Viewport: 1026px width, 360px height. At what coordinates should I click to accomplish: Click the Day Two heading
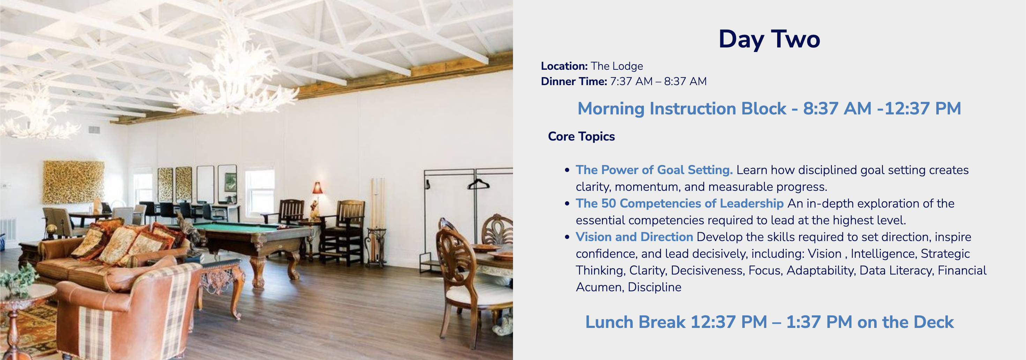(769, 39)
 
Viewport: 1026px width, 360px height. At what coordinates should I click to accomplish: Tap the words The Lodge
(617, 66)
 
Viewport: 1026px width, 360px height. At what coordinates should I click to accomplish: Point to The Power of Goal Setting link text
(654, 170)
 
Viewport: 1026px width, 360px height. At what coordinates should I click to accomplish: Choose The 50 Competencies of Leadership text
(679, 203)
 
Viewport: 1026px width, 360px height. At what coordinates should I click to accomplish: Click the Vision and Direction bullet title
(634, 237)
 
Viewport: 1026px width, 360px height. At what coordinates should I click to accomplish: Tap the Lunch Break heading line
(769, 322)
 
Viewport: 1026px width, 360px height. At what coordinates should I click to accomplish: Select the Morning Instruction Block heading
(769, 108)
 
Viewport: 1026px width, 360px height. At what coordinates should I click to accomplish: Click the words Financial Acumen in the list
(781, 279)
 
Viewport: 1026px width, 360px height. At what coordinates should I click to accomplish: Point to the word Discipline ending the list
(654, 287)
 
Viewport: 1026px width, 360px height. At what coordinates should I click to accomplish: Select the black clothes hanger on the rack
(478, 184)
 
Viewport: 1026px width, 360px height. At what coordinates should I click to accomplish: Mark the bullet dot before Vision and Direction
(567, 237)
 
